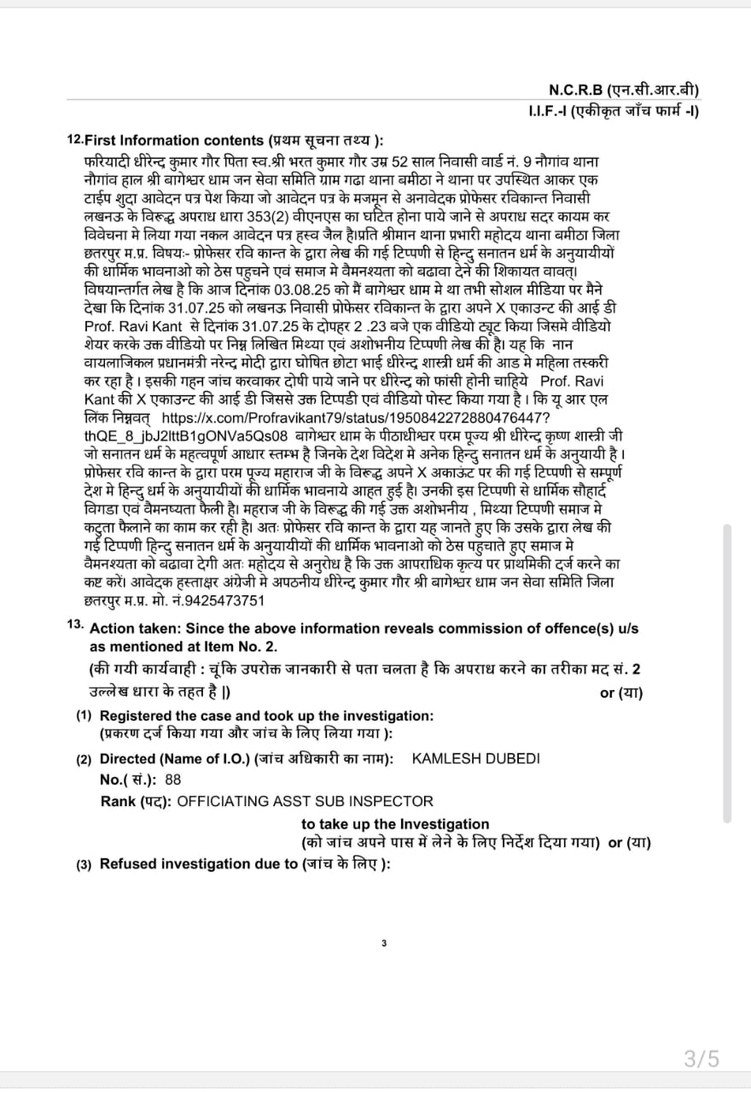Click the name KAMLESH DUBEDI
tap(475, 758)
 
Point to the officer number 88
tap(173, 779)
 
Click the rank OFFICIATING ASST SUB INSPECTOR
tap(305, 801)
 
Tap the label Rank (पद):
tap(136, 801)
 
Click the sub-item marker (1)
tap(84, 716)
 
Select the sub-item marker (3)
tap(84, 863)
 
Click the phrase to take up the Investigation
tap(395, 824)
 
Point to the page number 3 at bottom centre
tap(384, 944)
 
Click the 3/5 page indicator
tap(702, 1060)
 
